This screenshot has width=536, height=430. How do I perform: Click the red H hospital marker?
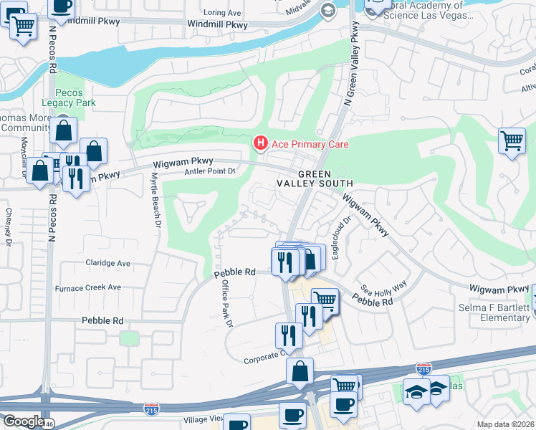coord(261,144)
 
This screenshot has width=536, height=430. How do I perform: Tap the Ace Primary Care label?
coord(310,145)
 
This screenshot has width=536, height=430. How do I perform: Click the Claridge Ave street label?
coord(107,263)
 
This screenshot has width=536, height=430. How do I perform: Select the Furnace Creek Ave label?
coord(88,287)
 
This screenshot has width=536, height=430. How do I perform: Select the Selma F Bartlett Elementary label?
coord(494,312)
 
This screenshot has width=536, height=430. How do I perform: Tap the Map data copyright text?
coord(506,424)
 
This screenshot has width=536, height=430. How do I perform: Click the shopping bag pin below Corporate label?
coord(300,371)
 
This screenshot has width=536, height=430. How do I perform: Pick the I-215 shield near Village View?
coord(150,407)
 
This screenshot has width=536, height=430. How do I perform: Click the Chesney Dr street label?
coord(8,226)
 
